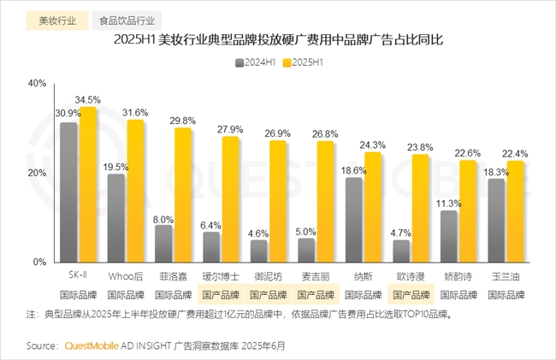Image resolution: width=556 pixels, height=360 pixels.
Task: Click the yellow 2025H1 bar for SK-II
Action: tap(89, 184)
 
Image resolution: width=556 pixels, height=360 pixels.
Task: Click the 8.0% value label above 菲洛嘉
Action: tap(163, 219)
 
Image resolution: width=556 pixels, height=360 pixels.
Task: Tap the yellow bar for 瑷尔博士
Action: tap(231, 199)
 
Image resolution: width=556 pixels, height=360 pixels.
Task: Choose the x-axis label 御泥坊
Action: tap(268, 276)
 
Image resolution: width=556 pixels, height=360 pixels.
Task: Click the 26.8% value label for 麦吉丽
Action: tap(326, 134)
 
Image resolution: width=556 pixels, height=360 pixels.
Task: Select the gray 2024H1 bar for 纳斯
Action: tap(353, 220)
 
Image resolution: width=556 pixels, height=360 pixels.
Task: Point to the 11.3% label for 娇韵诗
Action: tap(448, 204)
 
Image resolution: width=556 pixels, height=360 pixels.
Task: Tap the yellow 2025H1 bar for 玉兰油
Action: tap(515, 211)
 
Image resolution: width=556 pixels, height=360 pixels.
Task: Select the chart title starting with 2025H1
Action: tap(277, 40)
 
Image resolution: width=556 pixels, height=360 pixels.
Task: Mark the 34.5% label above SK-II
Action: tap(89, 100)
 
